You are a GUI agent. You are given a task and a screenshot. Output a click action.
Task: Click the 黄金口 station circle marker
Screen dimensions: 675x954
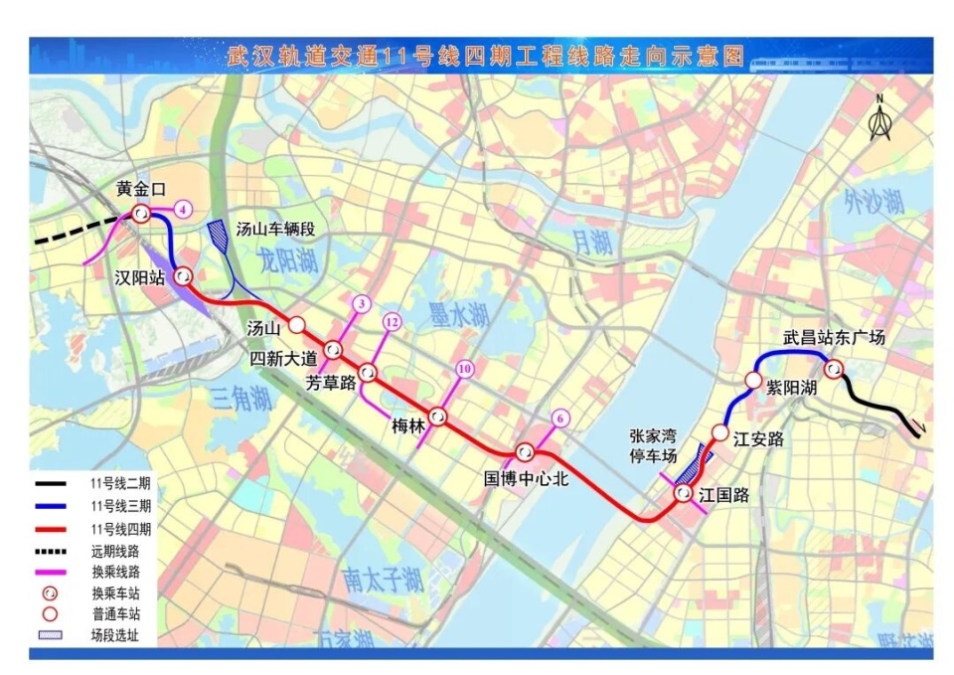[141, 213]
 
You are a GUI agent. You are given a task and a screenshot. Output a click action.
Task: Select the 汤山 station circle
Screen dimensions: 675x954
[297, 324]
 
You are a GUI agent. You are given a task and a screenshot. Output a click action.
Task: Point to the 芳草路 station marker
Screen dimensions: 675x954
[369, 373]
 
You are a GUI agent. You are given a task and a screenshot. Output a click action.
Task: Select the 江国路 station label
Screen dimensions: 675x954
[723, 494]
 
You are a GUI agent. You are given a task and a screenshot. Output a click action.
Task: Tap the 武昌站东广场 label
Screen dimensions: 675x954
[834, 338]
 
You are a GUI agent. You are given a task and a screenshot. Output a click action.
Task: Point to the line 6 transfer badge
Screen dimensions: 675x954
[561, 419]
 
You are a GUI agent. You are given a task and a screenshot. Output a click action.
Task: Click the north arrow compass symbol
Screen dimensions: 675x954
[879, 119]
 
